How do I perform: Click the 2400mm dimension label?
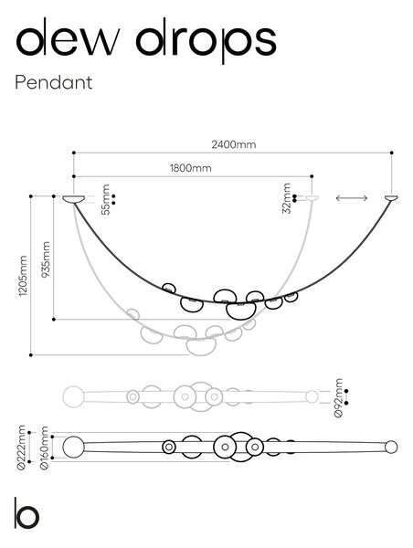(233, 144)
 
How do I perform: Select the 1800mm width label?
(191, 168)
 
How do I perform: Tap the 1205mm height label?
(23, 276)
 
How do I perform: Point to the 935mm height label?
(46, 259)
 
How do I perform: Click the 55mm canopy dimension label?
(105, 199)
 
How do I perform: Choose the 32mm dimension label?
(287, 198)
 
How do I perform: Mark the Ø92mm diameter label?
(338, 397)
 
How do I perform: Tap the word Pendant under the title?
(54, 82)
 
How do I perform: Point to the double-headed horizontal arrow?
(352, 198)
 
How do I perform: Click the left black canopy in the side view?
(74, 199)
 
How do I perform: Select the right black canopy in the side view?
(391, 198)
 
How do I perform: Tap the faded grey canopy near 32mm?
(312, 198)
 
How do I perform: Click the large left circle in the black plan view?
(73, 447)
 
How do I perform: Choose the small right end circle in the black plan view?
(391, 447)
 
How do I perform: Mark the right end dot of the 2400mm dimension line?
(392, 153)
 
